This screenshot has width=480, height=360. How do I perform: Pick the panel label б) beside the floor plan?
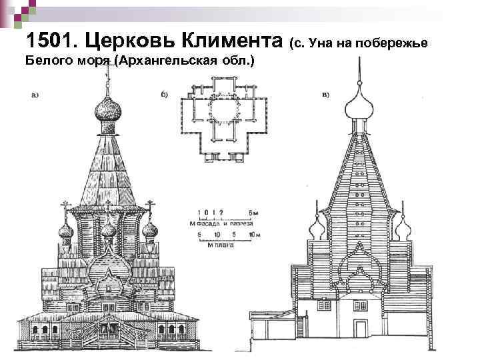coord(165,94)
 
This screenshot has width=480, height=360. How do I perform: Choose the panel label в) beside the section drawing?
coord(326,94)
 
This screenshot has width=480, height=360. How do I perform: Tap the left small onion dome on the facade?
coord(66,233)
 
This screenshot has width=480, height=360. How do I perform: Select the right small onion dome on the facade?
coord(150,232)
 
